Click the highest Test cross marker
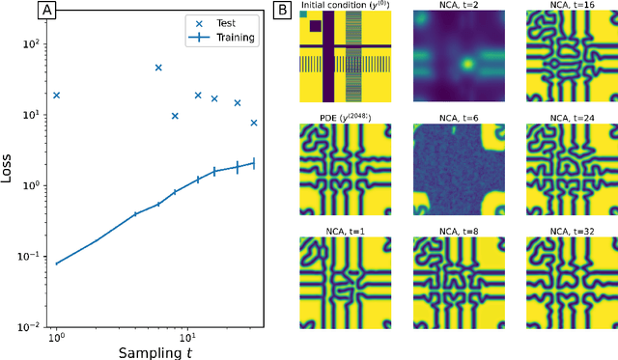point(158,68)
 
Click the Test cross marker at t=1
point(56,96)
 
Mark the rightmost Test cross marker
point(254,123)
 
